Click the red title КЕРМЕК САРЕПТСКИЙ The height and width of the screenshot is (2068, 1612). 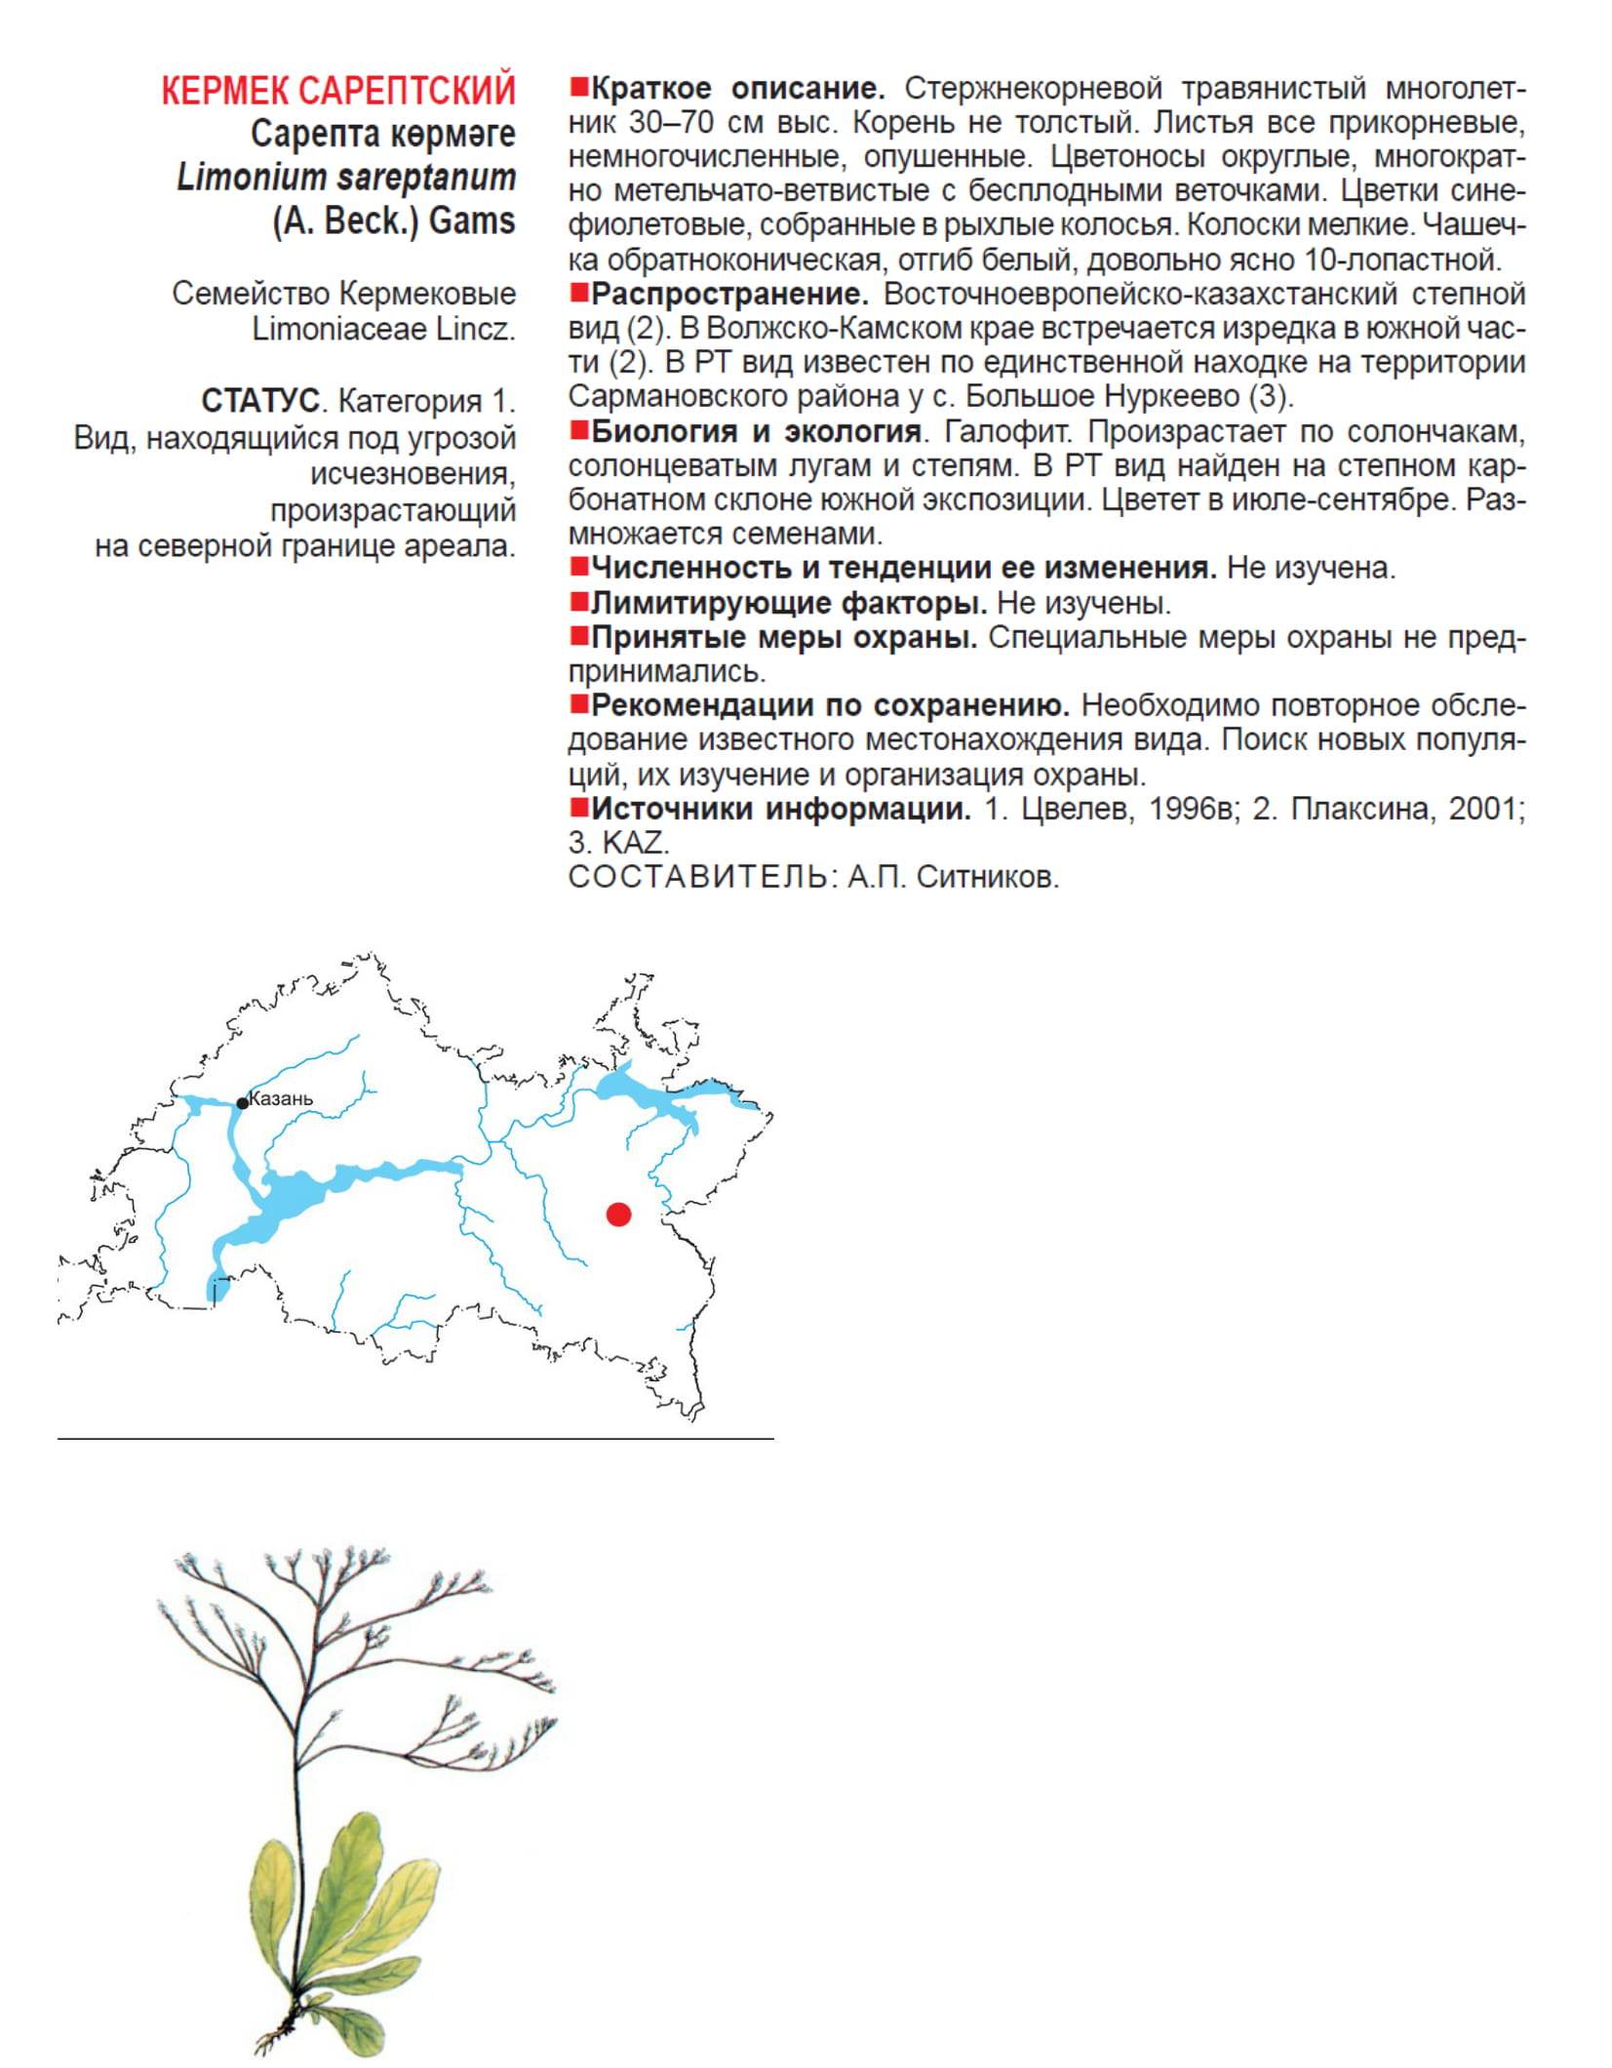[337, 91]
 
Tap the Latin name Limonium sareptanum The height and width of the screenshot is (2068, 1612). [345, 178]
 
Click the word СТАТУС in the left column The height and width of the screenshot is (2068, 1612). [260, 400]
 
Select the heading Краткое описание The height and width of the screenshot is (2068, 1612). [737, 89]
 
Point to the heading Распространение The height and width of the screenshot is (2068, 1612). [729, 294]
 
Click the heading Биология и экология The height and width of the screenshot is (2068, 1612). [756, 431]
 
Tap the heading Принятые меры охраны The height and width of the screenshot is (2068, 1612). [784, 637]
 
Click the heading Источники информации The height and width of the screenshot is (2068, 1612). [781, 809]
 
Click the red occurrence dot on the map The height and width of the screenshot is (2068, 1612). [618, 1213]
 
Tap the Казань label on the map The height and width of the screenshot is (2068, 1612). [282, 1098]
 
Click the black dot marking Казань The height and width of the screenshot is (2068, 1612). [242, 1103]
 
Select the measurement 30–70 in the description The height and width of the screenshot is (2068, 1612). [659, 123]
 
